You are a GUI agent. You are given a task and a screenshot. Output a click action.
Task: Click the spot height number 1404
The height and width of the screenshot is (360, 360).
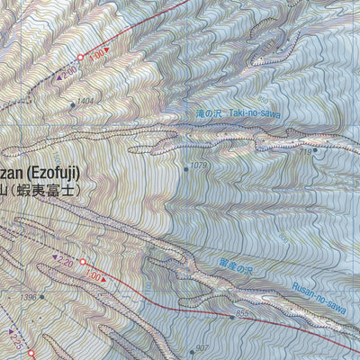[x=85, y=101]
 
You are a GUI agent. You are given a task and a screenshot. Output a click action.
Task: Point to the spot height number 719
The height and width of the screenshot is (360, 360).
[x=304, y=152]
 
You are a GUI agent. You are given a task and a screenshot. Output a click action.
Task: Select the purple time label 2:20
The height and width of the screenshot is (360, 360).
[x=65, y=264]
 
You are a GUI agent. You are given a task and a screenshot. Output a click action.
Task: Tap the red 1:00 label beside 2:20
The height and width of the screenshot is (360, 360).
[x=100, y=278]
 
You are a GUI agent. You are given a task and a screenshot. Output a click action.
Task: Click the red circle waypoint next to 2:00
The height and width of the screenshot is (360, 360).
[x=80, y=58]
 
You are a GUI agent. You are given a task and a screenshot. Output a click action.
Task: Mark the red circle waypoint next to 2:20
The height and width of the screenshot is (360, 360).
[x=82, y=263]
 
